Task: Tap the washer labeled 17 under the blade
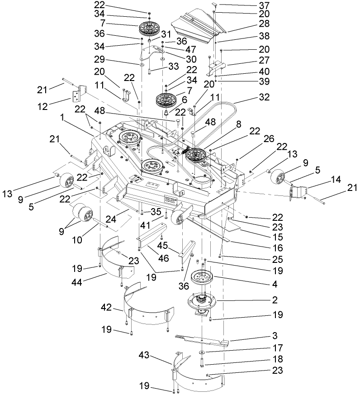(x=202, y=352)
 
